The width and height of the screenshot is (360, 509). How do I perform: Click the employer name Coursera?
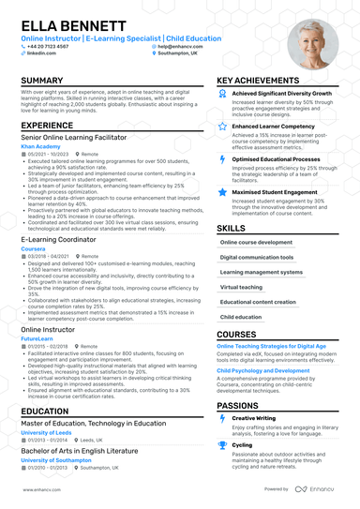click(x=36, y=248)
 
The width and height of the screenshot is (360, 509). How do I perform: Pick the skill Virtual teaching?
click(x=241, y=287)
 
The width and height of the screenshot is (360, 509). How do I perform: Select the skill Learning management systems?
click(x=256, y=272)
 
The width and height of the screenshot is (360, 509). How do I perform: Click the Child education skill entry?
click(x=241, y=317)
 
